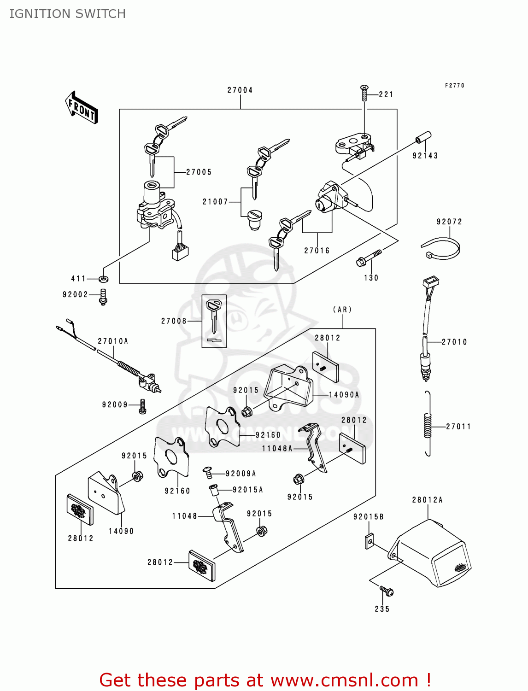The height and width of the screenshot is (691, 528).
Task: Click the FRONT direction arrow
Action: click(x=82, y=108)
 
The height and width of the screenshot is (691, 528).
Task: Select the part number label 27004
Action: click(x=240, y=90)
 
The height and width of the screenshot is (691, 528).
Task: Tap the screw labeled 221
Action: click(x=364, y=93)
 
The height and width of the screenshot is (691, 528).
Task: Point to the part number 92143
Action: click(x=425, y=156)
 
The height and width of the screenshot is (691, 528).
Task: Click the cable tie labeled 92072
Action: click(x=441, y=248)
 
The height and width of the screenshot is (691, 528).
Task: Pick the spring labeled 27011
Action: click(x=428, y=424)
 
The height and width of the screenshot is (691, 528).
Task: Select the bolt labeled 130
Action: click(x=369, y=259)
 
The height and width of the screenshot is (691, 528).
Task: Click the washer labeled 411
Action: click(x=104, y=279)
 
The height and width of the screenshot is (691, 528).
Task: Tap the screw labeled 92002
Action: click(x=103, y=297)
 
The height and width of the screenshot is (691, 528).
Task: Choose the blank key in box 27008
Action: click(x=214, y=316)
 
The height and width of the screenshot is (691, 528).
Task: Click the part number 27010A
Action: click(x=113, y=341)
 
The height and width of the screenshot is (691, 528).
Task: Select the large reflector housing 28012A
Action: click(x=431, y=553)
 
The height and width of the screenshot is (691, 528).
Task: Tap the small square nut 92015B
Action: click(x=370, y=541)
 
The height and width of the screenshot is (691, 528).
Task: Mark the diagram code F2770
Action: click(x=455, y=86)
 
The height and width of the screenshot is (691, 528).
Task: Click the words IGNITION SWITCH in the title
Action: click(x=68, y=14)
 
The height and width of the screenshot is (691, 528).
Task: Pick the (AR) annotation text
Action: click(x=342, y=310)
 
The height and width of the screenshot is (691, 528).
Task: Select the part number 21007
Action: click(x=215, y=202)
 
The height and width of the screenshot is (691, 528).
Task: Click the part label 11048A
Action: click(x=277, y=449)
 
